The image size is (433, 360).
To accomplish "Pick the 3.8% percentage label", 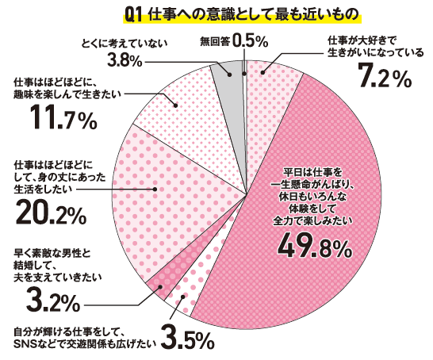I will (125, 59).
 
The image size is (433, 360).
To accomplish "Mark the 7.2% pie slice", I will (270, 79).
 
